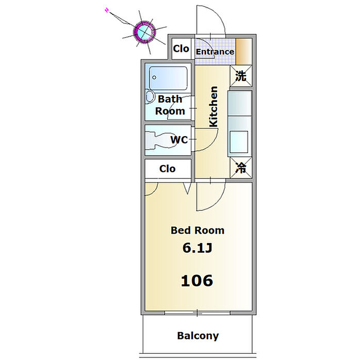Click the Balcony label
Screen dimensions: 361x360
pyautogui.click(x=198, y=336)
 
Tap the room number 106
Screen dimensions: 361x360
pyautogui.click(x=197, y=281)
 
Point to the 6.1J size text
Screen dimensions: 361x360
pyautogui.click(x=197, y=248)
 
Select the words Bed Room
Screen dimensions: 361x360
pyautogui.click(x=198, y=230)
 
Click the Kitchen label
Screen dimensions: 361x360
pyautogui.click(x=213, y=107)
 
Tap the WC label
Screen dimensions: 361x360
pyautogui.click(x=179, y=140)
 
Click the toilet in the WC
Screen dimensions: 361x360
pyautogui.click(x=159, y=140)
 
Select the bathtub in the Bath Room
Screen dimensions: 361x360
pyautogui.click(x=168, y=78)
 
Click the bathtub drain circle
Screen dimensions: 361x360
pyautogui.click(x=154, y=77)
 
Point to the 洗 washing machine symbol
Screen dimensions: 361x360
pyautogui.click(x=241, y=76)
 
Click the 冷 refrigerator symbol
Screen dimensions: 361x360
pyautogui.click(x=241, y=168)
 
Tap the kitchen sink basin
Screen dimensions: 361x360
pyautogui.click(x=239, y=142)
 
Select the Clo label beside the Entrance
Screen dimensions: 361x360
pyautogui.click(x=181, y=48)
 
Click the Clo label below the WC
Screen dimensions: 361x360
pyautogui.click(x=168, y=169)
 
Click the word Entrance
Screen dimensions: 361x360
pyautogui.click(x=215, y=52)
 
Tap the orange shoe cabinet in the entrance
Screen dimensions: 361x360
pyautogui.click(x=243, y=52)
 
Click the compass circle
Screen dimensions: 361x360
pyautogui.click(x=144, y=31)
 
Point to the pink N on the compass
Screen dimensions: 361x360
pyautogui.click(x=107, y=10)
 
